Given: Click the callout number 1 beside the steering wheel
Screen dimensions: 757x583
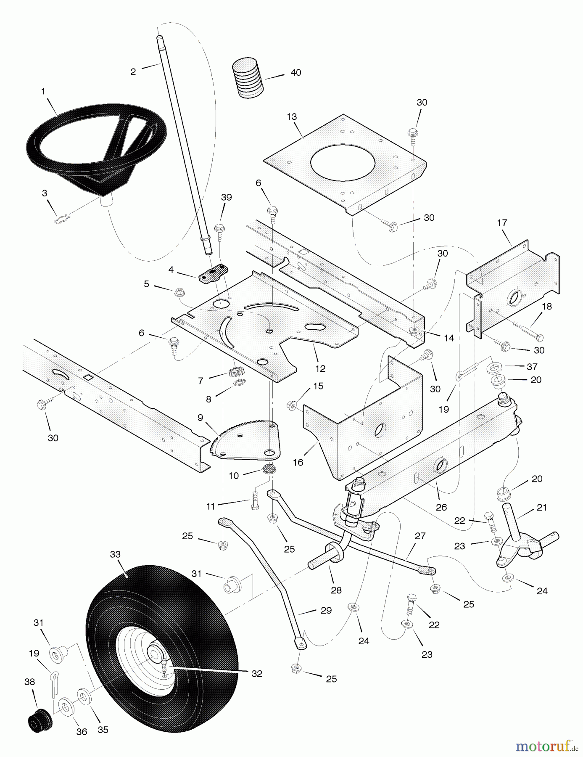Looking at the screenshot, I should click(43, 91).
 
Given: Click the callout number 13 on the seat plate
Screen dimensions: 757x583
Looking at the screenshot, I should click(292, 116).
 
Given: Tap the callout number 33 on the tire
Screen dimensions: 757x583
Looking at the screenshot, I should click(115, 554).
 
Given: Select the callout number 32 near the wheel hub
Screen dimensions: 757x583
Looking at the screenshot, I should click(256, 673).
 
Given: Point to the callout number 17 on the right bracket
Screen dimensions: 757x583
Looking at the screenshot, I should click(502, 222).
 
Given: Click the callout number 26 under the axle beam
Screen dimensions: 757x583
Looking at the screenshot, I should click(441, 507).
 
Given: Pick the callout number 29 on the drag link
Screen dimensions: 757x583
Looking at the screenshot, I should click(326, 610).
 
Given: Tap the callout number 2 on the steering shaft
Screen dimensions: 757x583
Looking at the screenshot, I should click(133, 71).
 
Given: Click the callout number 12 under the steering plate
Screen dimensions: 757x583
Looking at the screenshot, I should click(320, 368).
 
